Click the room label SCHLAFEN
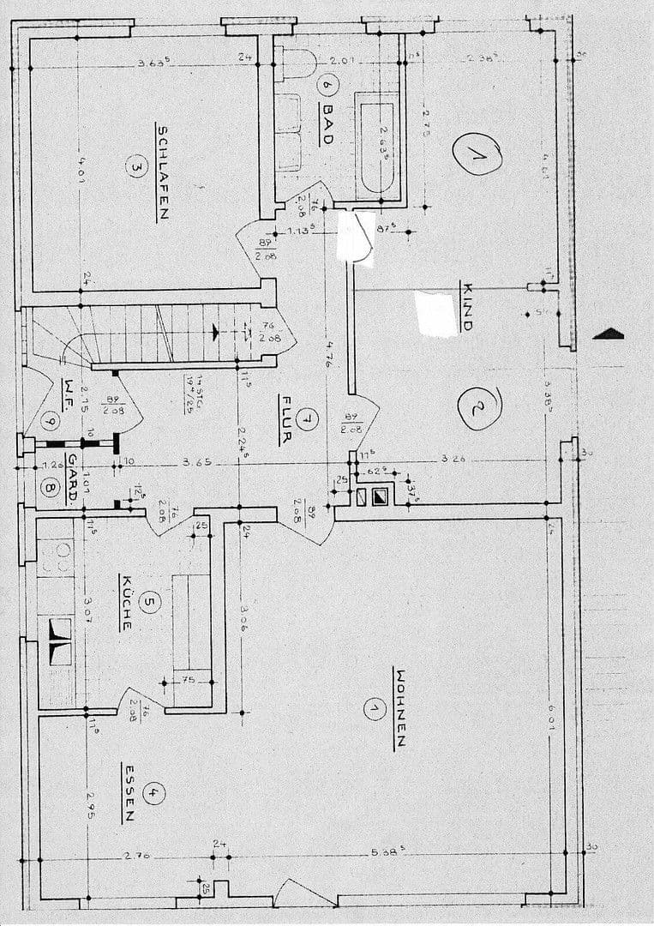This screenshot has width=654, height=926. (161, 172)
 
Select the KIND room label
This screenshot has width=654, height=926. (467, 306)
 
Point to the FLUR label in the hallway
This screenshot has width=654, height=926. (285, 418)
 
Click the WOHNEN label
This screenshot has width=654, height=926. (399, 708)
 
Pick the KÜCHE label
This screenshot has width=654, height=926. (127, 603)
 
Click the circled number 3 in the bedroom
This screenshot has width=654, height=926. (135, 166)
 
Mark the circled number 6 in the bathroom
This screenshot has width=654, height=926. (327, 85)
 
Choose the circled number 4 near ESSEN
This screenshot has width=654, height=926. (152, 794)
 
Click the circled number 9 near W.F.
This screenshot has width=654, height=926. (51, 421)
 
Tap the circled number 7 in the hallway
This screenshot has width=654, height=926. (308, 419)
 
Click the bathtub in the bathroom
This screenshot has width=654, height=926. (375, 147)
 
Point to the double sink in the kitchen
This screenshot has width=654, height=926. (59, 641)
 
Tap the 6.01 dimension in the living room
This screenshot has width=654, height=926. (554, 713)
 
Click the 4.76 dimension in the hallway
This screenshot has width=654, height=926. (327, 354)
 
